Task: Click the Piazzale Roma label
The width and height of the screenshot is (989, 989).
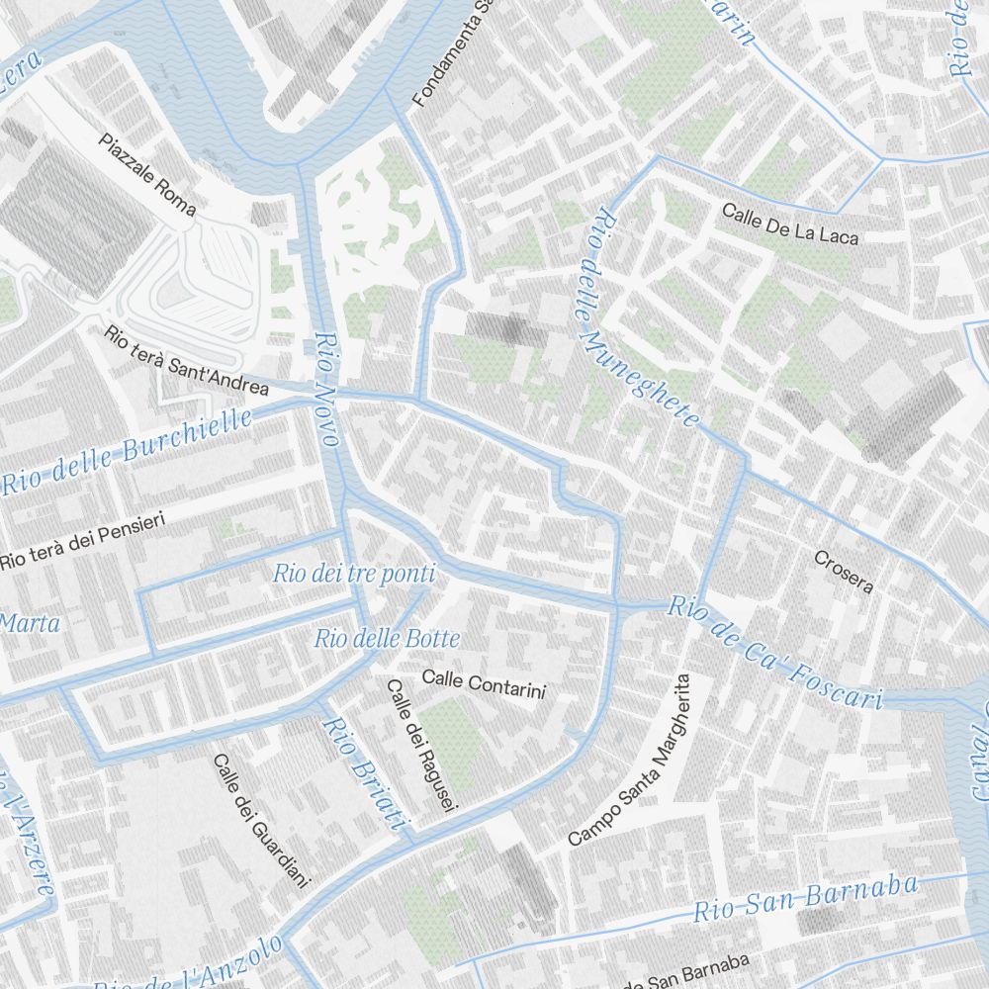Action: (147, 174)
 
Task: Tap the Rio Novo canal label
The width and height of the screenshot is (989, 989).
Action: (327, 389)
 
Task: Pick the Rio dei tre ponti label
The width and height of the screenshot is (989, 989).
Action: (353, 573)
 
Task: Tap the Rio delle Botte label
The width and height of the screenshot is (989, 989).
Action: (387, 639)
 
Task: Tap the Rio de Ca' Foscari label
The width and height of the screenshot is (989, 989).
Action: (774, 653)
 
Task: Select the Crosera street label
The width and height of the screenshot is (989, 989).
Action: (844, 572)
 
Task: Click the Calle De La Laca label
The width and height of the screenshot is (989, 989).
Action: (790, 224)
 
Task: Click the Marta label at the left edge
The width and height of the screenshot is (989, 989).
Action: (30, 623)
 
